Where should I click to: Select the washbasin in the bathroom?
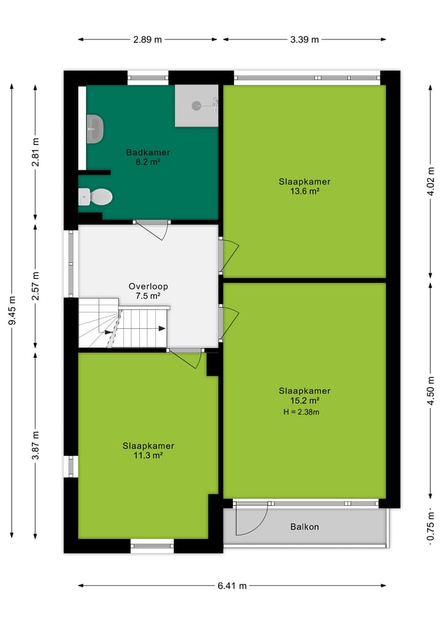tap(95, 129)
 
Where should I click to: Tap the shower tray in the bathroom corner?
tap(196, 106)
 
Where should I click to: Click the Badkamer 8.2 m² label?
tap(148, 157)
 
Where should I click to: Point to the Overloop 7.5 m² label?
tap(148, 291)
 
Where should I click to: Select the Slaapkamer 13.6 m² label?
tap(304, 186)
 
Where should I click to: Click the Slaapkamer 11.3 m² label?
tap(148, 450)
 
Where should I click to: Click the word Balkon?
tap(304, 527)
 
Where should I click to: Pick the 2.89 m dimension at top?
tap(147, 40)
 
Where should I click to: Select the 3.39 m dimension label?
tap(304, 40)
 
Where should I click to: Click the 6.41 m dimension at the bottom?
tap(232, 586)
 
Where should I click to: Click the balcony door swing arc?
tap(253, 519)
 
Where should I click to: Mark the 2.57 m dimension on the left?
tap(36, 286)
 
